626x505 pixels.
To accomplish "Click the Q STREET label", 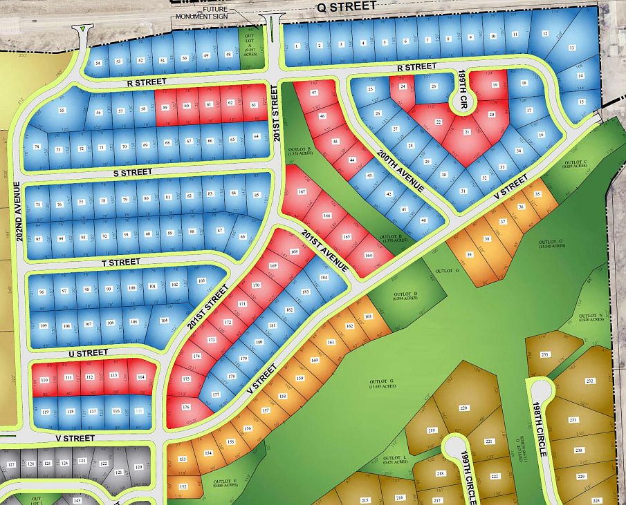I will coord(347,6).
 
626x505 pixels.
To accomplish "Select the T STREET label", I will coord(121,262).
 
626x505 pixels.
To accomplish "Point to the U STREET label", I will coord(89,353).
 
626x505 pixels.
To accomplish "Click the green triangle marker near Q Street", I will coord(84,29).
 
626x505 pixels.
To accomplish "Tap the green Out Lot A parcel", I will coord(247,47).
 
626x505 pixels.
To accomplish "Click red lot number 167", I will coord(302,191).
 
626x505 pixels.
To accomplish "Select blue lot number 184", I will coord(324,278).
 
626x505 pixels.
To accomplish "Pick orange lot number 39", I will coord(470,255).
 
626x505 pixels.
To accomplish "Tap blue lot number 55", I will coord(62,111).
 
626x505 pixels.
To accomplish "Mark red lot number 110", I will coord(45,381).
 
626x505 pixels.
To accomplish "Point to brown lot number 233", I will coord(544,354).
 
